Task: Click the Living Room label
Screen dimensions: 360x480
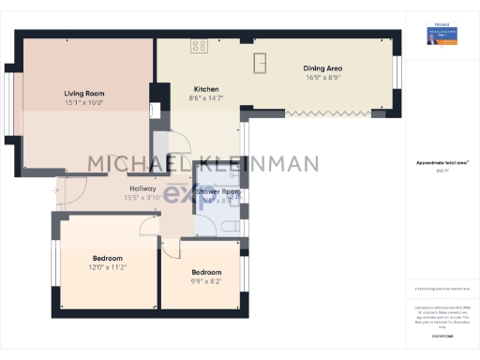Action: [x=83, y=94]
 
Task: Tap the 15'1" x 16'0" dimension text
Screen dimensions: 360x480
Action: [x=83, y=104]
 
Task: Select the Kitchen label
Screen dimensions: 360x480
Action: [x=206, y=89]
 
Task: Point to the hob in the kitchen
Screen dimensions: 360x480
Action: [x=199, y=44]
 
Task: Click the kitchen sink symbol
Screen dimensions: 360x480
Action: [x=261, y=62]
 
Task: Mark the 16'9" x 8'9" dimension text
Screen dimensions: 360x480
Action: [x=322, y=79]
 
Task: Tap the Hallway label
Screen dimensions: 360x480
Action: [x=142, y=188]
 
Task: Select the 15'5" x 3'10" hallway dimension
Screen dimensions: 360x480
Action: [x=142, y=198]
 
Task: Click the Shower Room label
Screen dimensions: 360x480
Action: [x=217, y=192]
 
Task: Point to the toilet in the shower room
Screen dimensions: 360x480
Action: [x=229, y=226]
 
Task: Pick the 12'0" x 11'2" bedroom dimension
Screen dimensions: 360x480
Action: [x=109, y=267]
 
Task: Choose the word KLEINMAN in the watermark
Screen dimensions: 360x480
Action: [x=254, y=164]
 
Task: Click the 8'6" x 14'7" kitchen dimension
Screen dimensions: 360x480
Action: [x=206, y=98]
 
